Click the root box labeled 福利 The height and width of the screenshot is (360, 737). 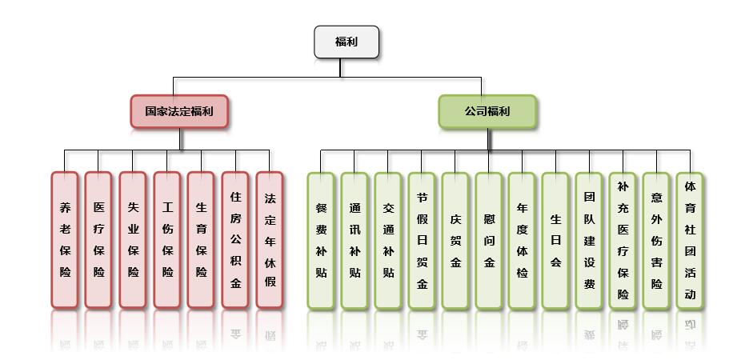(x=346, y=42)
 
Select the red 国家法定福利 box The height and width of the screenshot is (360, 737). (x=179, y=112)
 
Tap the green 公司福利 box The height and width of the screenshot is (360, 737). (x=487, y=112)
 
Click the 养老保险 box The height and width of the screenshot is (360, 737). (x=66, y=240)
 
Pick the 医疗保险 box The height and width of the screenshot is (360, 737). (x=99, y=240)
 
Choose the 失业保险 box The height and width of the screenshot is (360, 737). (x=134, y=240)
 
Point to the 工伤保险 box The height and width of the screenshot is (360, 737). (x=167, y=240)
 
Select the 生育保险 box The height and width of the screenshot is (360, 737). (x=202, y=240)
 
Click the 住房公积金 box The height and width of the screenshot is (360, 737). (x=235, y=240)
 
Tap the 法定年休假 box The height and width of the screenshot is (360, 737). (x=270, y=240)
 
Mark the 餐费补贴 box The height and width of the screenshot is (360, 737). (x=321, y=240)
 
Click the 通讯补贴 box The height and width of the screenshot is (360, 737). (x=354, y=240)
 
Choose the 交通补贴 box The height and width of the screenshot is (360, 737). (x=388, y=240)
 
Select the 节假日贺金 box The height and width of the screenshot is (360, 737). (x=422, y=240)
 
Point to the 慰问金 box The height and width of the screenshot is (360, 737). (x=489, y=240)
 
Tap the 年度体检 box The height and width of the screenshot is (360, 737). (x=523, y=240)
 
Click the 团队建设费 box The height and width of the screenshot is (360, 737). (x=590, y=240)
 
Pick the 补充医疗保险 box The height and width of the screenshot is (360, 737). (x=623, y=240)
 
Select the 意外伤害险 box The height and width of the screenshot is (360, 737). (x=656, y=240)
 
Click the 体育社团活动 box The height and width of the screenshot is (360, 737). (x=690, y=240)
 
